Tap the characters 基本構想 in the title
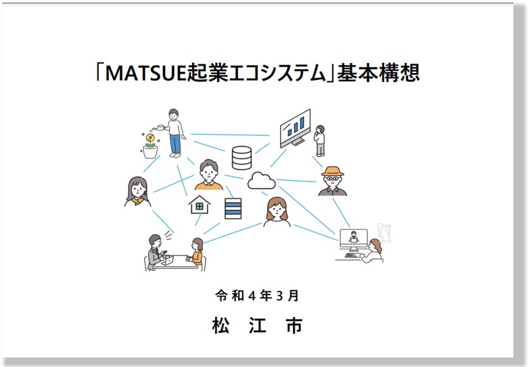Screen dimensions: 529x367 [x=378, y=72]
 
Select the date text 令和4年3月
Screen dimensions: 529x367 [x=257, y=296]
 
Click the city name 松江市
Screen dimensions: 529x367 [x=257, y=326]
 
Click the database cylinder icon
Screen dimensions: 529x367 [x=242, y=158]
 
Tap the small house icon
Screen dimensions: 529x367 [x=199, y=204]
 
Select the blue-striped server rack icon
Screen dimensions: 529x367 [x=233, y=209]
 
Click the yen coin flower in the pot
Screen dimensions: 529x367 [x=149, y=139]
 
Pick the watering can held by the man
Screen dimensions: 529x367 [x=158, y=127]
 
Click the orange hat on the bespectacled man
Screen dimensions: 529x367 [x=332, y=171]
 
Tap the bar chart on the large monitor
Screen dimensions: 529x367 [x=296, y=126]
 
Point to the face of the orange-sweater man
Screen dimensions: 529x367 [x=208, y=172]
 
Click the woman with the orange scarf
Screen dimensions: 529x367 [x=137, y=192]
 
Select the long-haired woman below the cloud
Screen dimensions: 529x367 [x=277, y=212]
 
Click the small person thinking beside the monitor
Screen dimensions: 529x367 [x=320, y=140]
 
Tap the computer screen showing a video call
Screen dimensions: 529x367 [x=353, y=237]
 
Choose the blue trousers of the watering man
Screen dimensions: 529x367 [x=175, y=144]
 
